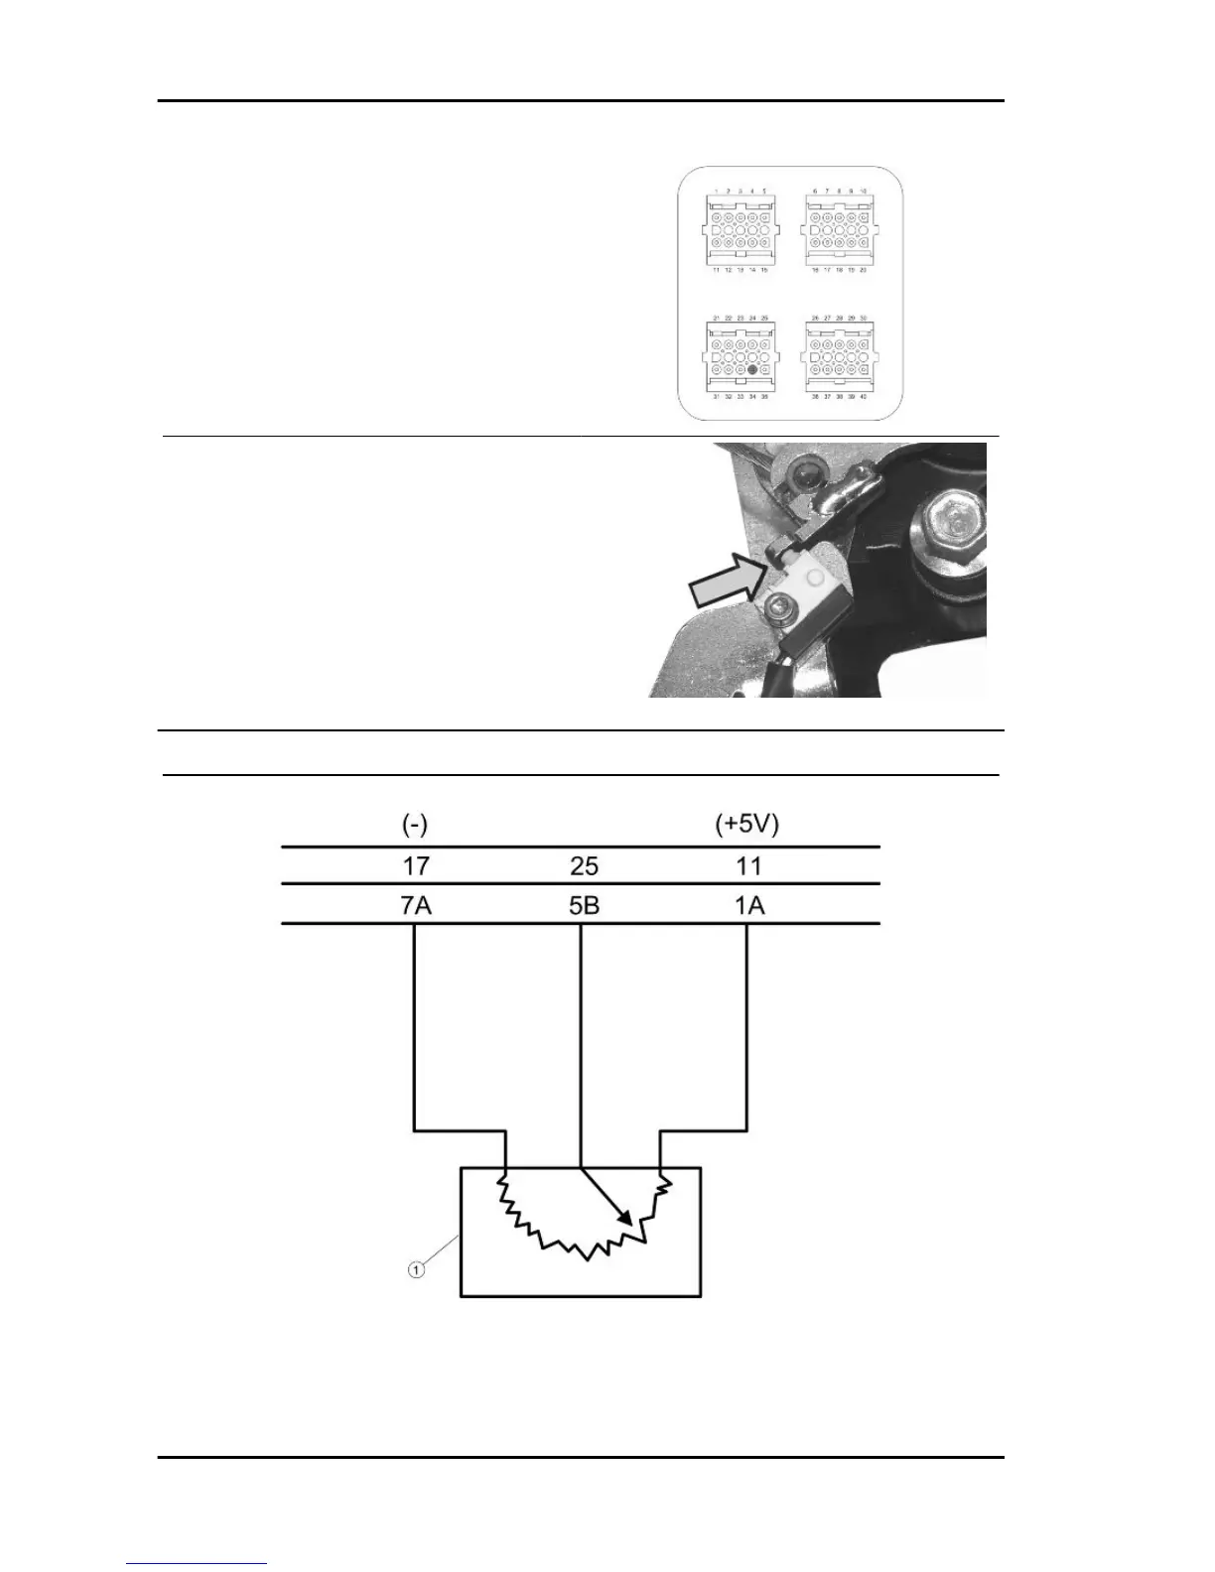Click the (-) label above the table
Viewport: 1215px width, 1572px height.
click(x=415, y=825)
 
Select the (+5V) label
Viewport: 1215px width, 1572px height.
click(x=748, y=825)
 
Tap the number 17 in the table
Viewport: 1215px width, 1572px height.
click(x=416, y=865)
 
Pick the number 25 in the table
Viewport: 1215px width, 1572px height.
click(x=584, y=866)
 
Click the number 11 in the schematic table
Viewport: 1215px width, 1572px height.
click(x=748, y=865)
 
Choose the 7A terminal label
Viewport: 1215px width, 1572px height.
click(x=416, y=905)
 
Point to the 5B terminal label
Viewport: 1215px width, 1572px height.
click(x=584, y=905)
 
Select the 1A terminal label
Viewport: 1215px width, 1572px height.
click(x=748, y=905)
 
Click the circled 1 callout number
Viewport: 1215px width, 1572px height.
click(x=417, y=1268)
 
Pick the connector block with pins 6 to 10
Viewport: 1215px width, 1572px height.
click(x=839, y=229)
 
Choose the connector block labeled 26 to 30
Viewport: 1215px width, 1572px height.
click(x=839, y=355)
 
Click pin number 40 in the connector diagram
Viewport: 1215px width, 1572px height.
click(x=863, y=396)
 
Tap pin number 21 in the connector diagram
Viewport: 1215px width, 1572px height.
click(x=716, y=319)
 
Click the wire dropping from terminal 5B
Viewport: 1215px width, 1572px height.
click(x=581, y=1042)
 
